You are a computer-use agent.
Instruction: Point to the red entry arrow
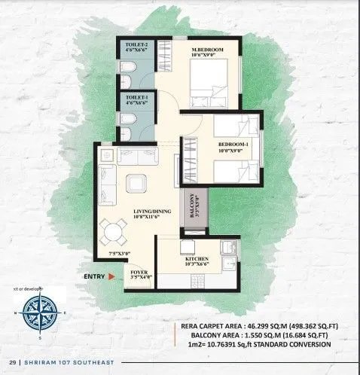click(111, 277)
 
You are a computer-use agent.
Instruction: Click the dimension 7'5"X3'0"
click(120, 254)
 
